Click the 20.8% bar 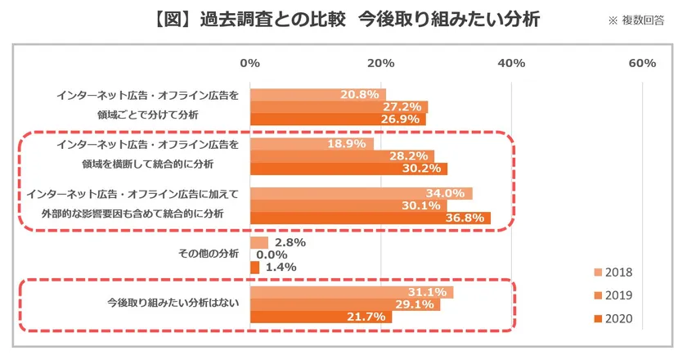pyautogui.click(x=318, y=95)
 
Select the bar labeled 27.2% pyautogui.click(x=339, y=107)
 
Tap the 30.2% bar pyautogui.click(x=348, y=169)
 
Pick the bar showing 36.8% pyautogui.click(x=370, y=218)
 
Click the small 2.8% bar pyautogui.click(x=259, y=242)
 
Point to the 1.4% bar pyautogui.click(x=255, y=268)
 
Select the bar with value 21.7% pyautogui.click(x=321, y=317)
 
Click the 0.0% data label pyautogui.click(x=272, y=254)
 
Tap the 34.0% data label pyautogui.click(x=445, y=193)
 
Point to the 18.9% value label pyautogui.click(x=347, y=144)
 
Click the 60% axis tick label pyautogui.click(x=642, y=64)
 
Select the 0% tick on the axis pyautogui.click(x=249, y=64)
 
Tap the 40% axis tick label pyautogui.click(x=511, y=64)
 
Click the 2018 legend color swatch pyautogui.click(x=598, y=272)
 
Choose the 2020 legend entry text pyautogui.click(x=618, y=319)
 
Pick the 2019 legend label pyautogui.click(x=618, y=295)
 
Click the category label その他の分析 pyautogui.click(x=209, y=254)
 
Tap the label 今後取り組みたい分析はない pyautogui.click(x=173, y=303)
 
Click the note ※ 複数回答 pyautogui.click(x=636, y=20)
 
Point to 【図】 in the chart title pyautogui.click(x=173, y=20)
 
